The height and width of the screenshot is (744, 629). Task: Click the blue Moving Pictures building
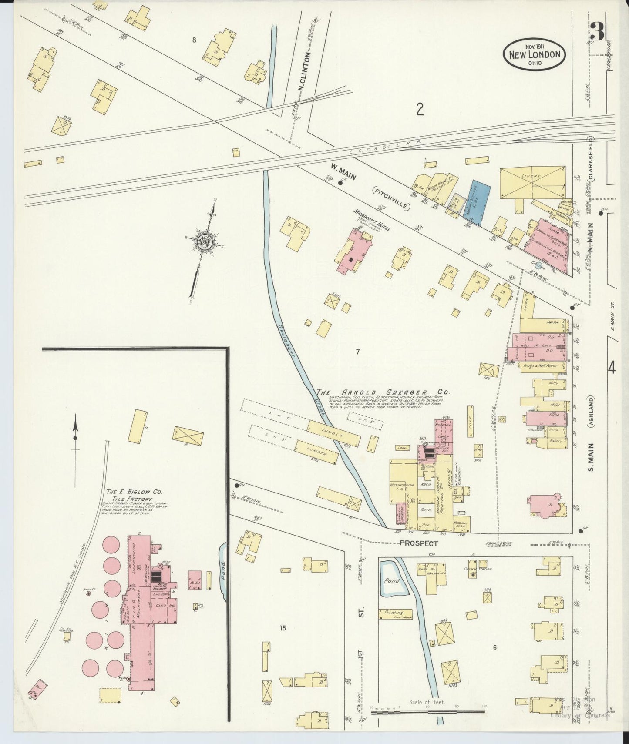[x=478, y=203]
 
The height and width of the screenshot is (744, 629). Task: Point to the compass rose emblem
[x=203, y=241]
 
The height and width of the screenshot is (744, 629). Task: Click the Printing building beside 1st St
[x=394, y=613]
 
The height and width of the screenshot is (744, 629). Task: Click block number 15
[x=283, y=628]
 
